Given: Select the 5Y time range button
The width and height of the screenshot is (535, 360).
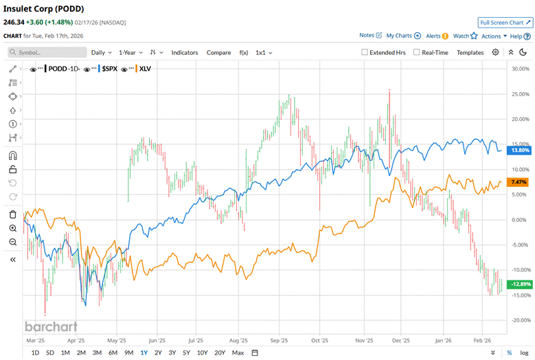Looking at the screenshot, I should click(187, 352).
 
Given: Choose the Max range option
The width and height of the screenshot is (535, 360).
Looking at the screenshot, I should click(238, 352).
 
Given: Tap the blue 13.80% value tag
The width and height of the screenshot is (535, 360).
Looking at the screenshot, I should click(519, 150).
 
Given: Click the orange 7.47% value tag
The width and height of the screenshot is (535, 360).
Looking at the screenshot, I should click(519, 182).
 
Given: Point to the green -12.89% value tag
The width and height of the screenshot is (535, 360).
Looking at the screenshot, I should click(519, 284).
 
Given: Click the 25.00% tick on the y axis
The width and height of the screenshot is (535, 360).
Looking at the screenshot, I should click(519, 94).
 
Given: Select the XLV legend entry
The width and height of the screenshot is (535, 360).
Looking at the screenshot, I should click(144, 69).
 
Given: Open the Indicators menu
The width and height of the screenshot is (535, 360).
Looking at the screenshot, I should click(184, 52).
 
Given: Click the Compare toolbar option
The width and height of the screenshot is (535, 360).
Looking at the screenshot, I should click(218, 52).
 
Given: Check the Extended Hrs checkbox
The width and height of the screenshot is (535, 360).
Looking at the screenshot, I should click(365, 52).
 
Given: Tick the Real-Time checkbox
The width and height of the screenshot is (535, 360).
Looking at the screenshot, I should click(416, 52).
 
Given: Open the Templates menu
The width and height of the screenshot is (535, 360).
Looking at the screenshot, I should click(470, 52).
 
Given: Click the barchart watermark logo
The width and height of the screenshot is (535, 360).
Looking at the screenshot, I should click(51, 326).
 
